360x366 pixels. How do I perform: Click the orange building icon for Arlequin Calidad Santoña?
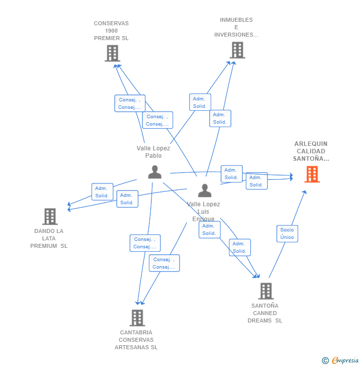pos(312,174)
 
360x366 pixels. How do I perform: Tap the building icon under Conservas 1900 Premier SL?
pos(112,53)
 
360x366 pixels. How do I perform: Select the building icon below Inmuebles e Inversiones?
pos(237,50)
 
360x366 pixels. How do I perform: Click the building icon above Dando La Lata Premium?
pos(50,216)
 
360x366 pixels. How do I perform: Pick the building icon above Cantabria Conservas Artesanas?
pos(137,318)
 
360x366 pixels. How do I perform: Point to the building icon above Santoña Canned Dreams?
pos(266,291)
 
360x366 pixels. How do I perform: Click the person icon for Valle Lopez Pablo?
pos(155,172)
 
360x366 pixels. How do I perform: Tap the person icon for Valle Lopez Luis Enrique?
pos(205,190)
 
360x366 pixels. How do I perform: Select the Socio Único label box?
pos(287,233)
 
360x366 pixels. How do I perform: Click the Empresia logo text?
pos(345,360)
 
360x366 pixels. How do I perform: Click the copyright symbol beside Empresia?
pos(325,361)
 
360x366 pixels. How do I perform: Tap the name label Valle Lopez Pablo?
pos(153,152)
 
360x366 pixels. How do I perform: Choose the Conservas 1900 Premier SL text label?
pos(111,31)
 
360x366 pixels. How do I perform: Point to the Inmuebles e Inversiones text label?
pos(236,27)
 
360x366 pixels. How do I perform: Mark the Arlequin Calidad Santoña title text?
pos(311,151)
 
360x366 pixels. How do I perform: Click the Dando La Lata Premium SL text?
pos(49,238)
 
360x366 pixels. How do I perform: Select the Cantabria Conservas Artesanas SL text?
pos(136,340)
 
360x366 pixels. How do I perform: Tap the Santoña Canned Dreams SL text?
pos(265,313)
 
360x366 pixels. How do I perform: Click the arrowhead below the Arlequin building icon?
pos(305,192)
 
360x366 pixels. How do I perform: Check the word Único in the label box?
pos(287,237)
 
